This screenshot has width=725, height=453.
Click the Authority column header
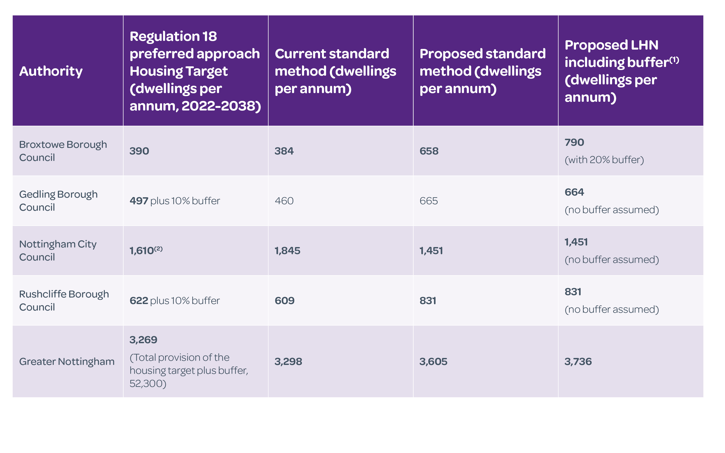coord(51,71)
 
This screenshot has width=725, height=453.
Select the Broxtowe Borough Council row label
coord(63,151)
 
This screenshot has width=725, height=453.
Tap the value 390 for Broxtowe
coord(139,151)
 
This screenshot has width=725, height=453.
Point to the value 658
coord(429,151)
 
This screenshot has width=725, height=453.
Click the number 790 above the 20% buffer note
coord(574,142)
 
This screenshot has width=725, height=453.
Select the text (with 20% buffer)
coord(604,160)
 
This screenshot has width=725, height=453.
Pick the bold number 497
coord(139,201)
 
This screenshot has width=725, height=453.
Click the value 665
coord(429,201)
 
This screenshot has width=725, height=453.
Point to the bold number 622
coord(139,301)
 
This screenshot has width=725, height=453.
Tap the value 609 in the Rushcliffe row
coord(284,301)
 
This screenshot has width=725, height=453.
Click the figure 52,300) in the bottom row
coord(148,383)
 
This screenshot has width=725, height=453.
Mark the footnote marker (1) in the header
coord(674,60)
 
